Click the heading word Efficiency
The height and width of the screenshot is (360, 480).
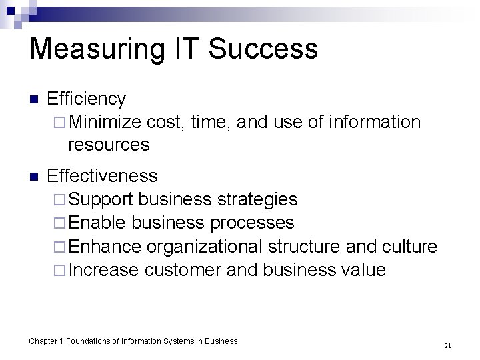pyautogui.click(x=87, y=99)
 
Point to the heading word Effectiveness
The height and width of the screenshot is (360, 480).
pyautogui.click(x=103, y=176)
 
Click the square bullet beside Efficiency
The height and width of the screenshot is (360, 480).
pyautogui.click(x=35, y=100)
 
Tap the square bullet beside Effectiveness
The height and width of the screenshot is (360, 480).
pyautogui.click(x=35, y=177)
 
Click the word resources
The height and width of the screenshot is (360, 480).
pyautogui.click(x=109, y=144)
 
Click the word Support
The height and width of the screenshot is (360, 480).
pyautogui.click(x=101, y=199)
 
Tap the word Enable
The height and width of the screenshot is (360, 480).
pyautogui.click(x=97, y=223)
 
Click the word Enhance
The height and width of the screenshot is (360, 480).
pyautogui.click(x=105, y=247)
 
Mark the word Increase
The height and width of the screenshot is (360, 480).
pyautogui.click(x=103, y=270)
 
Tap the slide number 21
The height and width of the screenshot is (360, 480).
pyautogui.click(x=447, y=345)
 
